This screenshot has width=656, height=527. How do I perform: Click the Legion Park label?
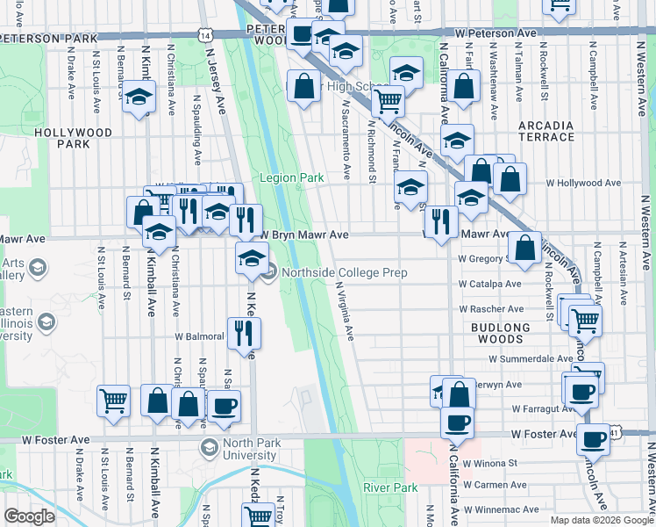tap(292, 177)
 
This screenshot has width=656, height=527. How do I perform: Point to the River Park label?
tap(390, 487)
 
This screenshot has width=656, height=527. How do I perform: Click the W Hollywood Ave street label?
tap(583, 184)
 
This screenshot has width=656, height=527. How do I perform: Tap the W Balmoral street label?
tap(199, 336)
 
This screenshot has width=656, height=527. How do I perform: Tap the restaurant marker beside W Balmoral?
tap(243, 331)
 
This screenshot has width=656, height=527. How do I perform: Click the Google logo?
tap(29, 516)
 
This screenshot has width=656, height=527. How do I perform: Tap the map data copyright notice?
tap(602, 520)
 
